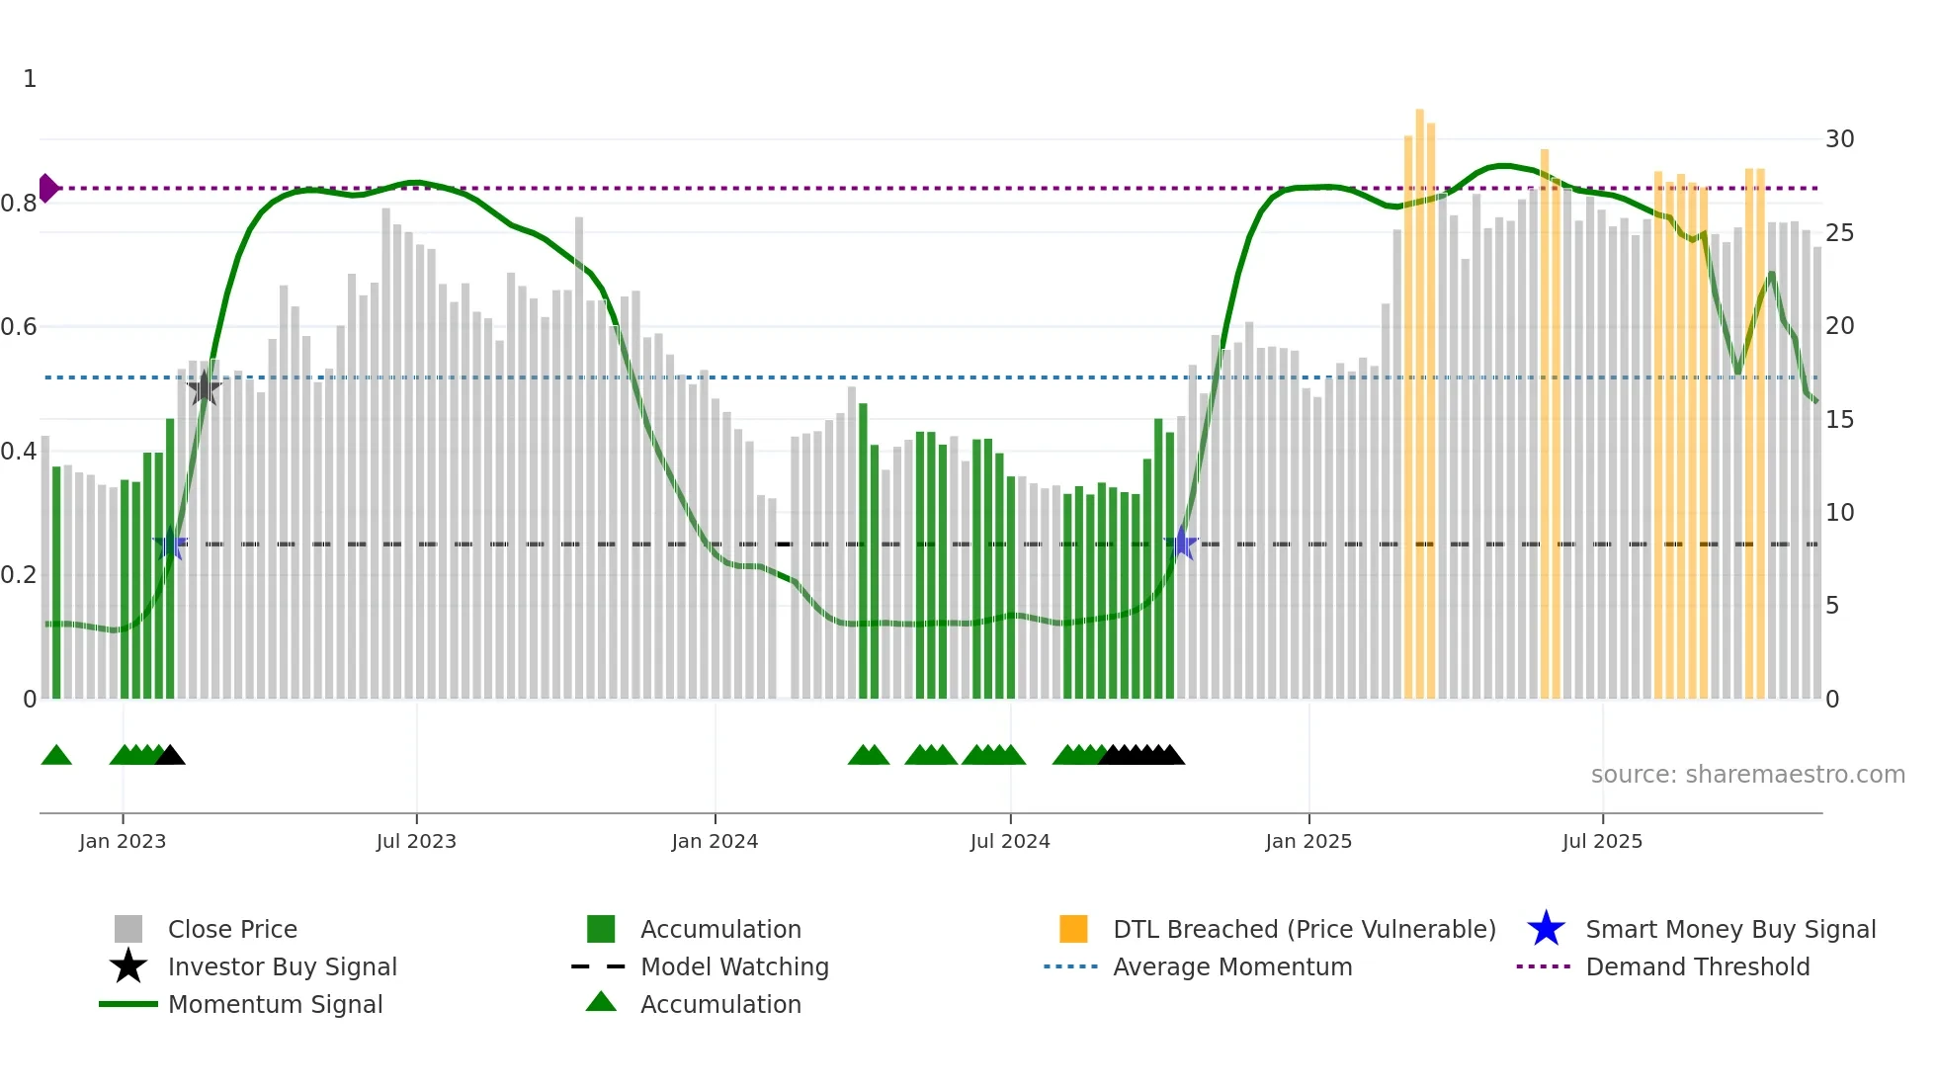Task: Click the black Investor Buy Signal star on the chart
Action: [204, 388]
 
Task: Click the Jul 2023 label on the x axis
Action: [416, 841]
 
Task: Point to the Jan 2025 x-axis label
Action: [1308, 841]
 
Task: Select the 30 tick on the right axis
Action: [1839, 139]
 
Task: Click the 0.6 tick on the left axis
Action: [19, 327]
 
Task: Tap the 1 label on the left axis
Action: [30, 79]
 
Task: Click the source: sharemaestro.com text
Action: [1747, 774]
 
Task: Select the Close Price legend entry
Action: [232, 929]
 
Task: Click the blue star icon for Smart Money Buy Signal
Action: [1546, 929]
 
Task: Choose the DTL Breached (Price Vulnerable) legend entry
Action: [1304, 929]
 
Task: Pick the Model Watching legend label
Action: [734, 966]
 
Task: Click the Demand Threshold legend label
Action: [1697, 966]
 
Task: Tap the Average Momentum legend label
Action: [1232, 966]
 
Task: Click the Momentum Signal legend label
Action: [275, 1004]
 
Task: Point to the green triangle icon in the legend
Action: [601, 1003]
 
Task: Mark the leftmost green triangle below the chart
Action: [56, 756]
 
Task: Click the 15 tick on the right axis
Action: [1839, 420]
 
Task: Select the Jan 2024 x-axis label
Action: [715, 841]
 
